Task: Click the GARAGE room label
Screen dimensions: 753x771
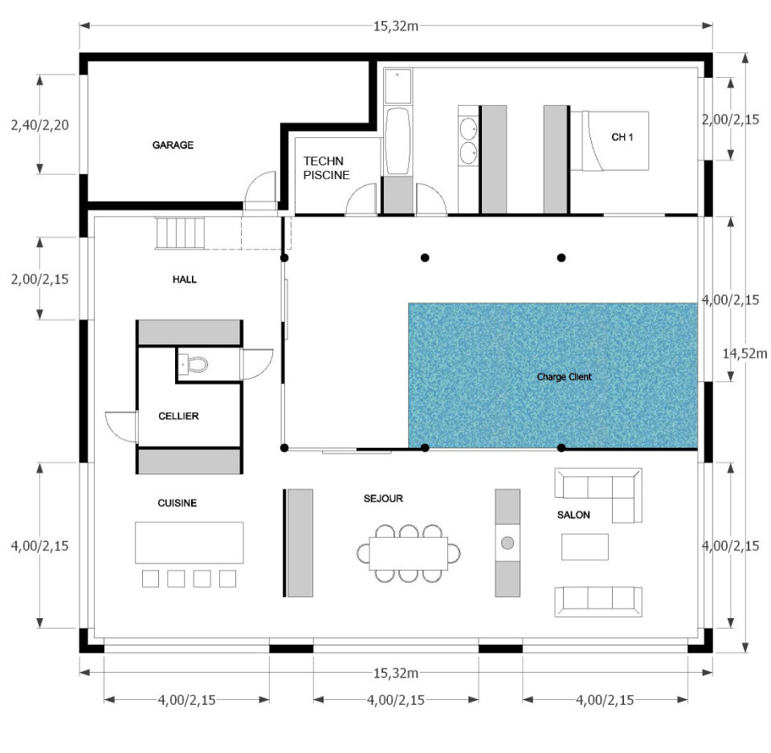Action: [173, 145]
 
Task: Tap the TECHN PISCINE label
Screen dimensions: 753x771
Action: [326, 168]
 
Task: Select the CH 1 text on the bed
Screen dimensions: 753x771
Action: [622, 137]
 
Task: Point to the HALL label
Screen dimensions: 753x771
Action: [184, 279]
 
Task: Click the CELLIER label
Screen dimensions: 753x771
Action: [178, 416]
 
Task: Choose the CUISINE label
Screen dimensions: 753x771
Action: [177, 503]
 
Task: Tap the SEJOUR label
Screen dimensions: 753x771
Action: [383, 499]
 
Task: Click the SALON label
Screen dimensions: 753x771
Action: [573, 515]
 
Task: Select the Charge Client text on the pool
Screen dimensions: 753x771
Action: [564, 376]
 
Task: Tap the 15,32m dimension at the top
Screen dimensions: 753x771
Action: [395, 26]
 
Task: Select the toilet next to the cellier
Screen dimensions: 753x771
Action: [192, 364]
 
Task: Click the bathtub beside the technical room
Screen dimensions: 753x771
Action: [397, 142]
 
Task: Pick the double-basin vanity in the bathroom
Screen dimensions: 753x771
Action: [468, 140]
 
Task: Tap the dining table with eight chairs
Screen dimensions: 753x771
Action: [408, 552]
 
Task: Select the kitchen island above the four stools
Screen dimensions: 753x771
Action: [189, 543]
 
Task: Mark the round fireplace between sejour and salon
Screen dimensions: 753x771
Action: [508, 543]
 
